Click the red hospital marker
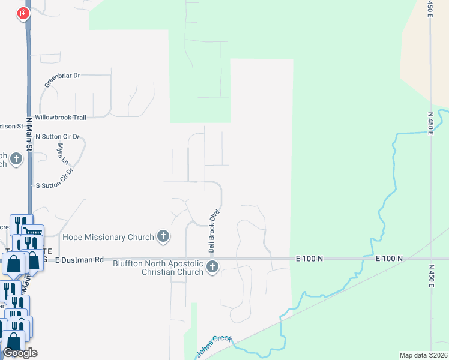[23, 13]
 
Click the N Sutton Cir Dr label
[58, 137]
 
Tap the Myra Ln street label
[62, 154]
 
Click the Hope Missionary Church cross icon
[163, 237]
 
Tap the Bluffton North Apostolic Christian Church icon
[212, 267]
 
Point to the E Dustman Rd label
[79, 260]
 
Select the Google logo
[20, 353]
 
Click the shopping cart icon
[33, 232]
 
